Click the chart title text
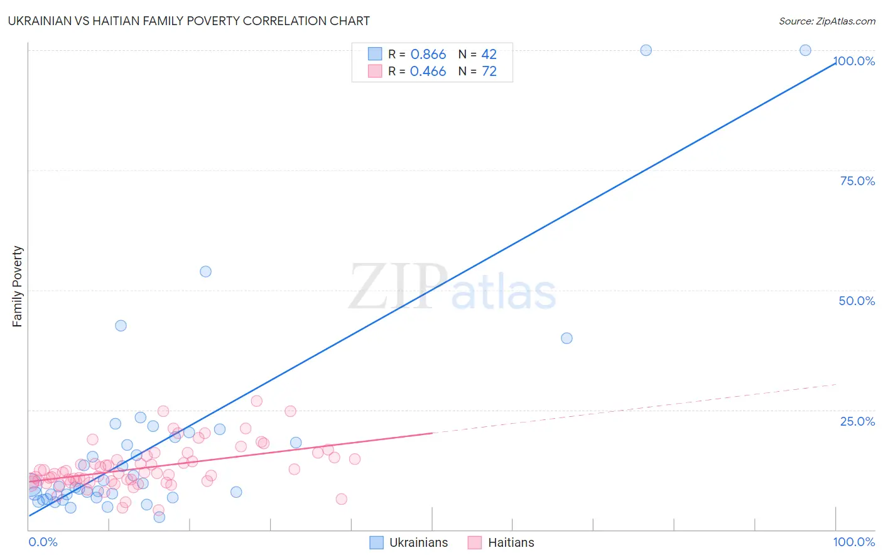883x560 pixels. tap(188, 21)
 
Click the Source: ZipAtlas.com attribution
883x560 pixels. tap(826, 21)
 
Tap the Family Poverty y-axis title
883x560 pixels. tap(18, 286)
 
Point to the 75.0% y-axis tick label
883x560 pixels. tap(857, 181)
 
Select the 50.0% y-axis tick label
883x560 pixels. tap(857, 301)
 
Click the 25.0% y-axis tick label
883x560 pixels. tap(857, 421)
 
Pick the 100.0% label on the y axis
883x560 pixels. tap(855, 61)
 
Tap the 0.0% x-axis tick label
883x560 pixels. tap(43, 542)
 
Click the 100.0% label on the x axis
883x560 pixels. tap(853, 542)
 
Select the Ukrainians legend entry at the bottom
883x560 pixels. tap(409, 542)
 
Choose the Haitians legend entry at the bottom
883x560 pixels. tap(501, 542)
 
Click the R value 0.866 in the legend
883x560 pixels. tap(428, 55)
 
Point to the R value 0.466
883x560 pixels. tap(428, 72)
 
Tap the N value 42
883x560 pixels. tap(489, 55)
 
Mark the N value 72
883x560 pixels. tap(489, 72)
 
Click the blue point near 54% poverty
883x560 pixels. tap(205, 272)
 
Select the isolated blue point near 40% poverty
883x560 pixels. tap(566, 338)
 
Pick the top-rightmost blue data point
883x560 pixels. tap(805, 50)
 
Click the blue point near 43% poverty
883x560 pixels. tap(121, 326)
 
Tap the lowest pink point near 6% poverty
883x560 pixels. tap(341, 499)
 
